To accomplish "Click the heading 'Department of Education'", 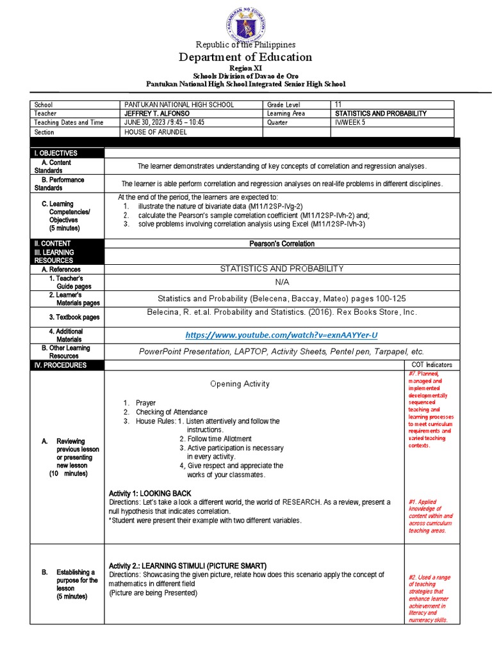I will click(x=246, y=57).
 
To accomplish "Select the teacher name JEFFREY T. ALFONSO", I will click(x=157, y=113).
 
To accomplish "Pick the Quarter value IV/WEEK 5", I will click(x=350, y=122).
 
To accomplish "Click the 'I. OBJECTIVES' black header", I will click(x=57, y=153).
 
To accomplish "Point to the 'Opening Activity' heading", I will click(x=240, y=384).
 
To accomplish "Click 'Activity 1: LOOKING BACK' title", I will click(x=150, y=494).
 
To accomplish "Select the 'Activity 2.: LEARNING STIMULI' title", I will click(x=188, y=566).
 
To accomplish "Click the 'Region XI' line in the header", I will click(x=245, y=68).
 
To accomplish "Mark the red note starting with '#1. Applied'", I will click(x=430, y=516).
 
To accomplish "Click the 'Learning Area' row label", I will click(x=287, y=113).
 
